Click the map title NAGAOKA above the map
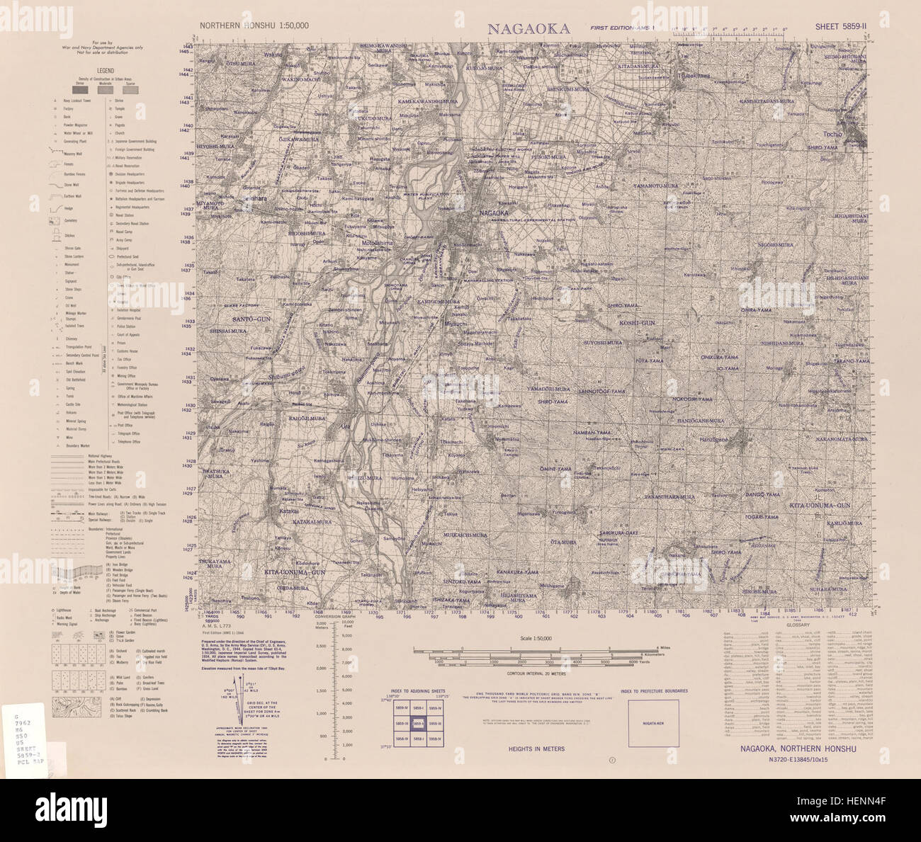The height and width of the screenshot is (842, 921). (x=529, y=28)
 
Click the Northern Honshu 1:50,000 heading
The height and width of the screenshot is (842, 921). (x=254, y=25)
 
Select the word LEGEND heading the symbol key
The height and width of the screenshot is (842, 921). (x=106, y=71)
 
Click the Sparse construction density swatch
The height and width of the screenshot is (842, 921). (x=130, y=89)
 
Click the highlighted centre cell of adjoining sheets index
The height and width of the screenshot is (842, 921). (x=418, y=723)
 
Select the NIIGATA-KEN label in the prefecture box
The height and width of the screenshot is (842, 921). (x=652, y=723)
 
